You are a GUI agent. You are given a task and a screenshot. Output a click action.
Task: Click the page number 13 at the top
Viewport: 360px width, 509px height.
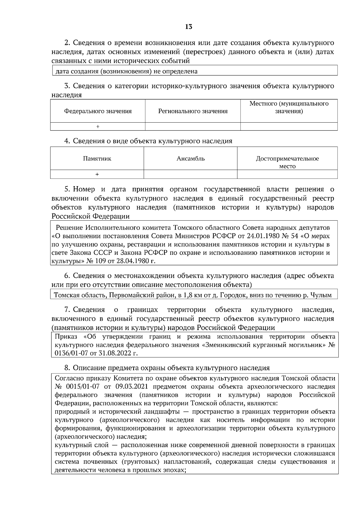(x=188, y=27)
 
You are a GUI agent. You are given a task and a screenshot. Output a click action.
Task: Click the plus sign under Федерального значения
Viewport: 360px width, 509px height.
(x=97, y=127)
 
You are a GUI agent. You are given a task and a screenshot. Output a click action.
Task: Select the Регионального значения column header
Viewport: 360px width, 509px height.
(x=193, y=111)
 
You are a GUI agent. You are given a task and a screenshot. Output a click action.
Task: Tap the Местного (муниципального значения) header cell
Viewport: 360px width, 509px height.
(x=289, y=108)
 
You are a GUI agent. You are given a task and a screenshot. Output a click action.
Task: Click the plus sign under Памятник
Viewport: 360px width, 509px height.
(x=97, y=174)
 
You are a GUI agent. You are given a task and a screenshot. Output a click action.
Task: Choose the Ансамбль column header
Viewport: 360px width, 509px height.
(x=190, y=159)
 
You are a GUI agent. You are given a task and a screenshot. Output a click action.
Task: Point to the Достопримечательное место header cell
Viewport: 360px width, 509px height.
(x=287, y=162)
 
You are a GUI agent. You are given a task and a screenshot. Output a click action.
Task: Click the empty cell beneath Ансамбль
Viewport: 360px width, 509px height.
(x=190, y=174)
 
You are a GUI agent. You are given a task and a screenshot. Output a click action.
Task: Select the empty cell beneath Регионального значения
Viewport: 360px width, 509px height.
(x=193, y=127)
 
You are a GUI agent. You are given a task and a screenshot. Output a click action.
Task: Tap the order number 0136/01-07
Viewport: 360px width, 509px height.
(x=71, y=353)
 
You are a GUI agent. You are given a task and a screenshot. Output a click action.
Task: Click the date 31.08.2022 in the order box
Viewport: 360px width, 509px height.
(x=114, y=353)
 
